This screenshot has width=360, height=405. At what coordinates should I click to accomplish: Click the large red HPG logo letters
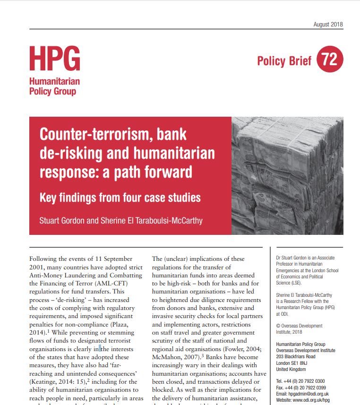(54, 59)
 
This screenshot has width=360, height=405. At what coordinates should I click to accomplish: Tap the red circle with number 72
(330, 60)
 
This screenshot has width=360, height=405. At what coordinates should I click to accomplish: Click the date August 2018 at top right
(328, 25)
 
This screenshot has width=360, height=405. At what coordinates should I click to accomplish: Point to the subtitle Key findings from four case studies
(120, 198)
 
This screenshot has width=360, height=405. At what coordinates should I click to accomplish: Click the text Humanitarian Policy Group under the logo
(54, 86)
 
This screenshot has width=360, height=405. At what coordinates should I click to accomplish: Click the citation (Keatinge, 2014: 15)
(57, 381)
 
